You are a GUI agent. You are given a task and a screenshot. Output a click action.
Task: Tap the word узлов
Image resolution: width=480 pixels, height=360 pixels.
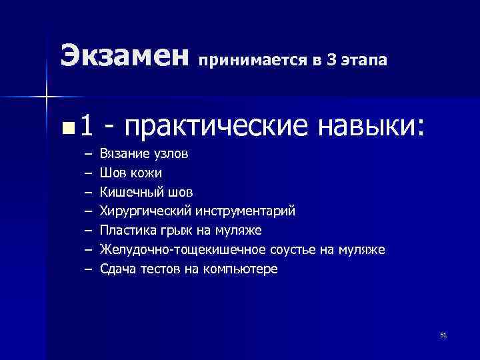[171, 154]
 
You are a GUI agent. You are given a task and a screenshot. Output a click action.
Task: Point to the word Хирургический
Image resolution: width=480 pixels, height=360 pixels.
[146, 212]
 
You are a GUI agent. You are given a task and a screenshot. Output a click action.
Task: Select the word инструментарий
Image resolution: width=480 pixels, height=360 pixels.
[245, 212]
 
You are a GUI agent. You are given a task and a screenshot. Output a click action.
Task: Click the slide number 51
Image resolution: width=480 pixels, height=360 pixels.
[443, 335]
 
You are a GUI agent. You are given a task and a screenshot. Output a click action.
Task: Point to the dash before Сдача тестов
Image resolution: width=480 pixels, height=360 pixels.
[89, 270]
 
